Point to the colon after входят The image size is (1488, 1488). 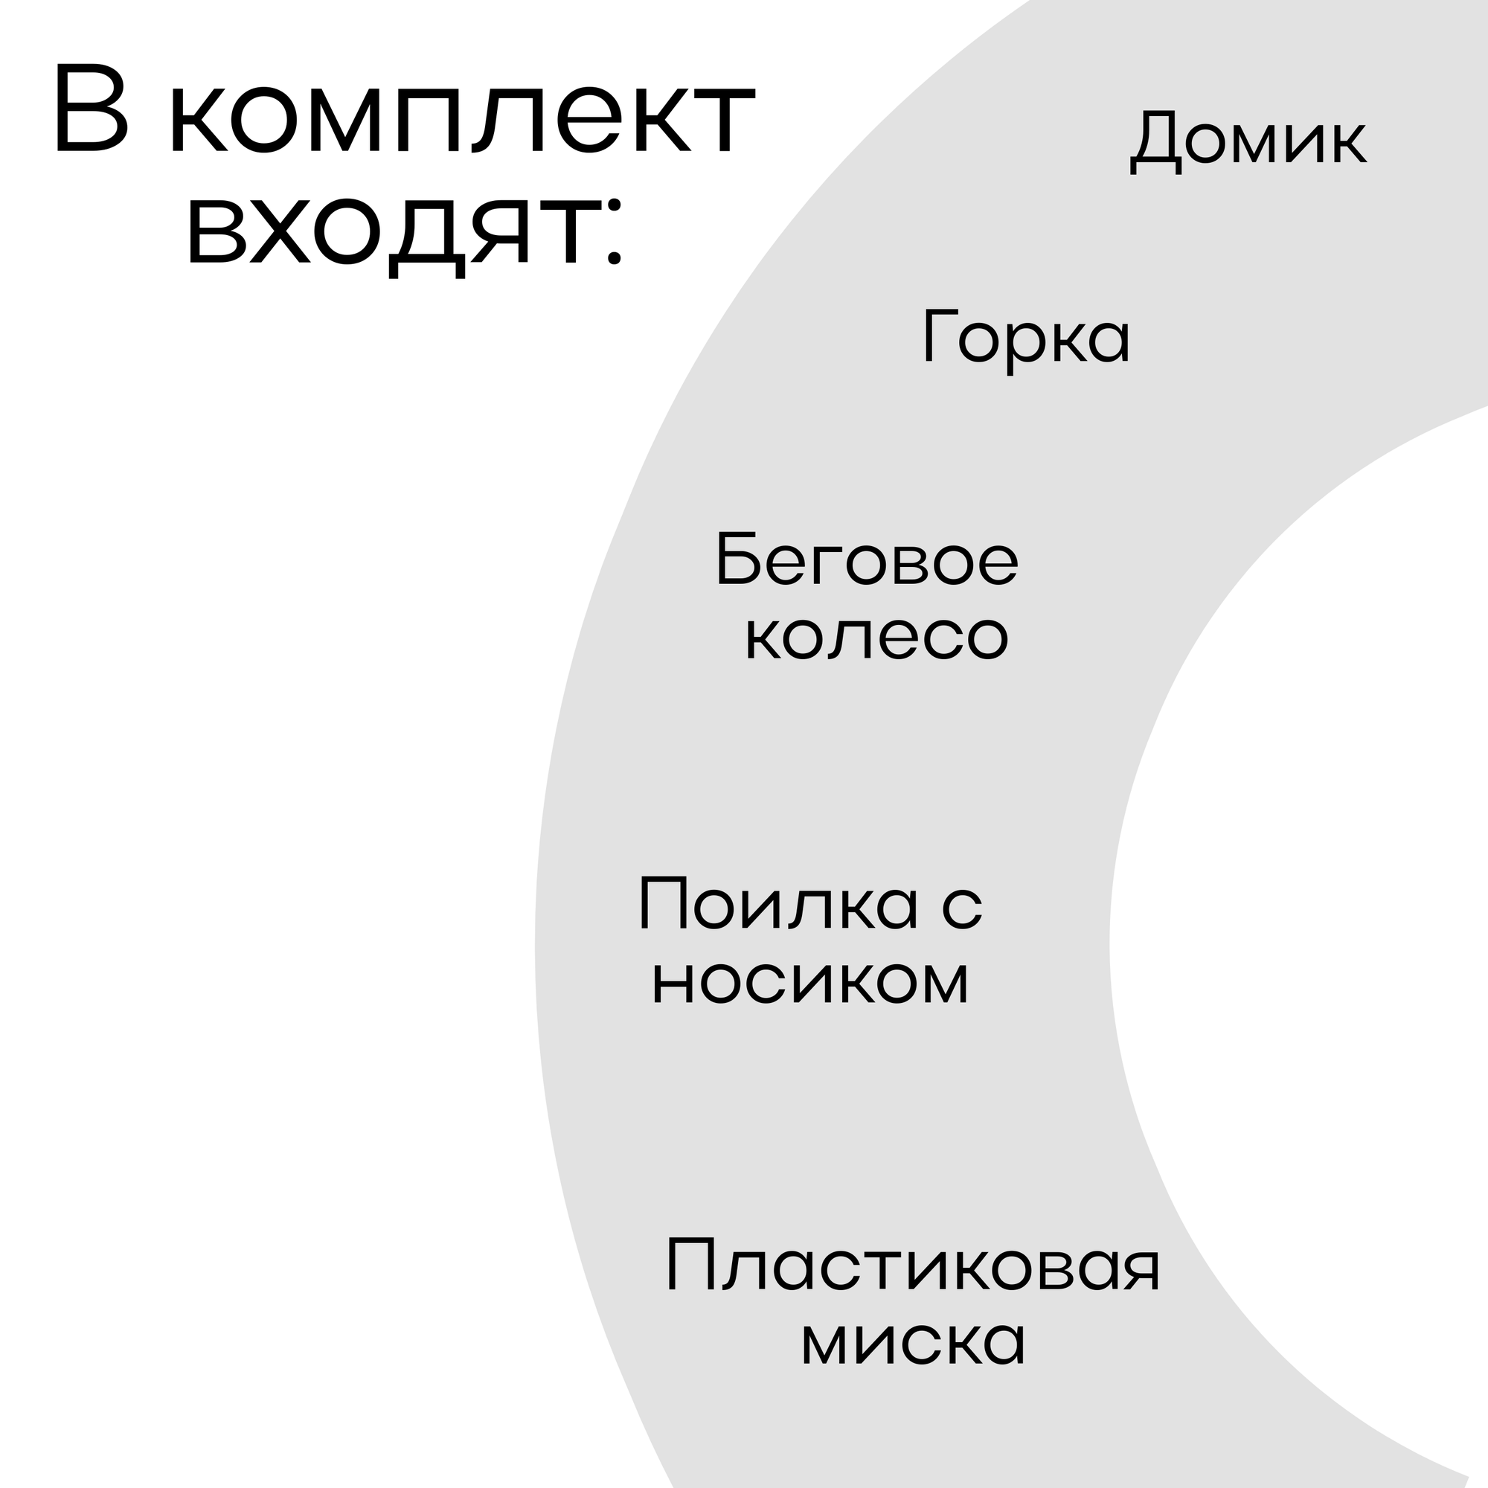coord(614,234)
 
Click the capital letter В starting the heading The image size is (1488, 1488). coord(91,108)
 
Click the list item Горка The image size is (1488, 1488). coord(1027,337)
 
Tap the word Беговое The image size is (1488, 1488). coord(867,560)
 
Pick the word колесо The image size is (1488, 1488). coord(876,637)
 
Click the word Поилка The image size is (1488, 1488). coord(779,904)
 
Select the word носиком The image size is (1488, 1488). coord(810,981)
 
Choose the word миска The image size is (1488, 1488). coord(914,1341)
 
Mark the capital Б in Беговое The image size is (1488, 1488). coord(736,559)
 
